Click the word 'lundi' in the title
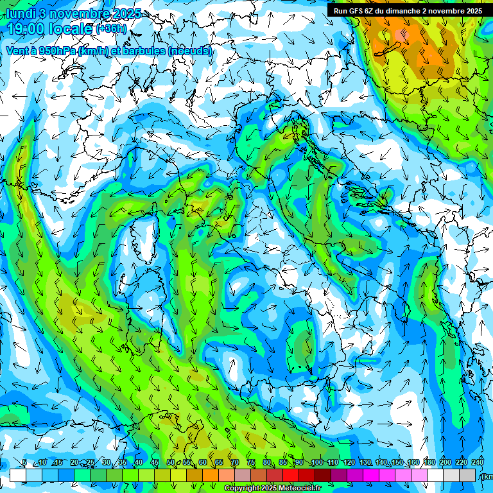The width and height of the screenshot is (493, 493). (21, 13)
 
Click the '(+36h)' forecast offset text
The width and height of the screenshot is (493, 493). (111, 29)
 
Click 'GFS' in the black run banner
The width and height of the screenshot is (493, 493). (356, 10)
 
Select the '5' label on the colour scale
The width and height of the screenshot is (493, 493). (24, 463)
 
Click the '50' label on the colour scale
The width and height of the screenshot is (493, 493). (171, 463)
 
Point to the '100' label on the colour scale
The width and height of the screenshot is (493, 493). (316, 463)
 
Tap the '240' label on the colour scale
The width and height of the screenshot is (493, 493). (478, 463)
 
